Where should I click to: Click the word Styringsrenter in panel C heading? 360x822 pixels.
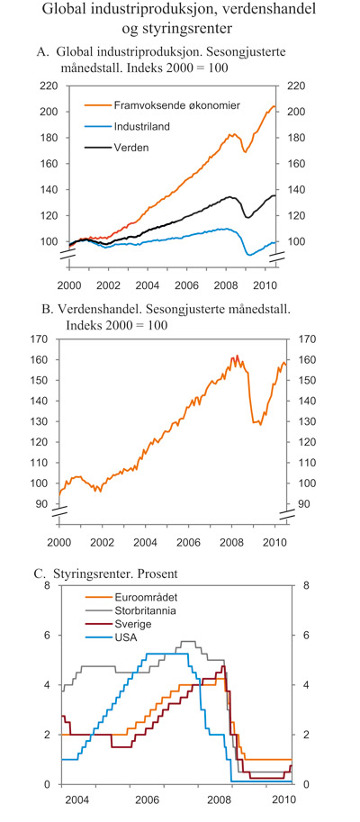(97, 568)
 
